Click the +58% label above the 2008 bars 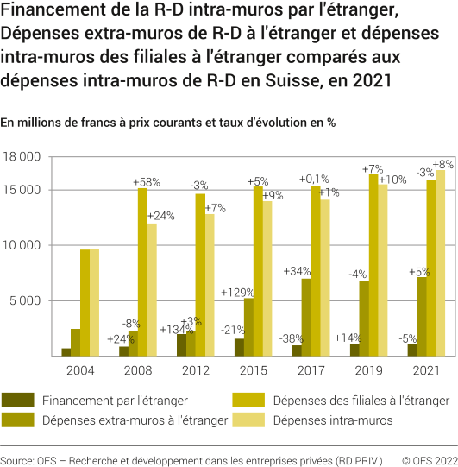147,182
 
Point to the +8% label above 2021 443,164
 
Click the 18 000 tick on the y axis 22,157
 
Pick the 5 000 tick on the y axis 26,300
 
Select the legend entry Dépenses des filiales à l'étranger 361,401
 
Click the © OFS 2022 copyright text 426,454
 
